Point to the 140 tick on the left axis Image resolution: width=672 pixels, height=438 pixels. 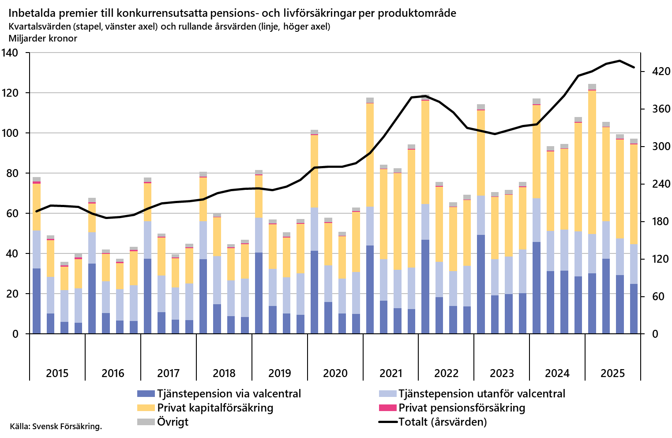click(x=10, y=53)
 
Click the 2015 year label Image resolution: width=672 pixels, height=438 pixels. click(x=57, y=374)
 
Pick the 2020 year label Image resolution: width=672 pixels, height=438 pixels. click(x=335, y=374)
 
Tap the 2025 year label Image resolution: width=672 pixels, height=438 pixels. click(x=613, y=374)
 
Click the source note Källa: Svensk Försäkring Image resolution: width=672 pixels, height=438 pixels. click(x=56, y=427)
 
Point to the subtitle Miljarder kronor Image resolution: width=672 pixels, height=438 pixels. click(x=43, y=38)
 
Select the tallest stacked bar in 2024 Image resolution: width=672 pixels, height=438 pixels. click(x=537, y=216)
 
